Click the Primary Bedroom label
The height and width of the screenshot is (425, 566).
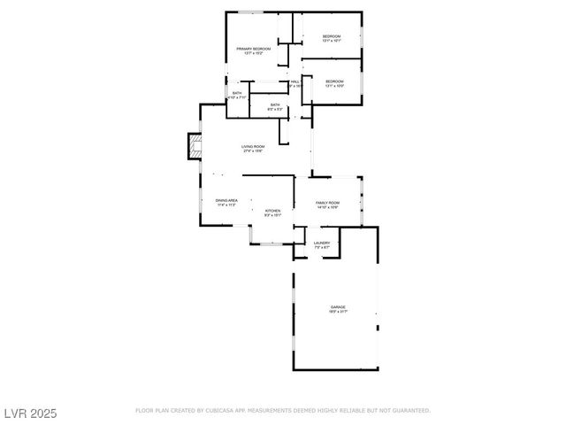(253, 48)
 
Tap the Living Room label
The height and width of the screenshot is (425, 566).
(253, 146)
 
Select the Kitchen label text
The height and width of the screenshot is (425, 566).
(272, 210)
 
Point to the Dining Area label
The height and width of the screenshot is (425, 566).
(226, 200)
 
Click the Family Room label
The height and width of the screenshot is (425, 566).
(327, 203)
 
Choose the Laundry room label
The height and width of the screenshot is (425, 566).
(321, 243)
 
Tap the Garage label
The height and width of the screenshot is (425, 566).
(339, 306)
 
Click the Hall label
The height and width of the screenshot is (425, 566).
(295, 81)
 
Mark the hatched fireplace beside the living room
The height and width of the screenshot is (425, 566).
(195, 147)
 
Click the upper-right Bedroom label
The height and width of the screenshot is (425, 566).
(332, 35)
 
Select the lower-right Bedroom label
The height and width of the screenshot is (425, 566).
(334, 81)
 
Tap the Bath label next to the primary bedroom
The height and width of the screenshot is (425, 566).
(237, 93)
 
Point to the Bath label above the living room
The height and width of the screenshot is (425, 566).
(275, 105)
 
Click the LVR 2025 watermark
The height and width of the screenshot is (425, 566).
(29, 413)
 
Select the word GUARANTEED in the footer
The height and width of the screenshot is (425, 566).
(409, 411)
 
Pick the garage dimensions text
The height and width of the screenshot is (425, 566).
(339, 312)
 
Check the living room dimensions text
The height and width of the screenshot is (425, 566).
(253, 151)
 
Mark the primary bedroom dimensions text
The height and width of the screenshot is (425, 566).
(253, 53)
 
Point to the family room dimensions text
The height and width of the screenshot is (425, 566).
(327, 208)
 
